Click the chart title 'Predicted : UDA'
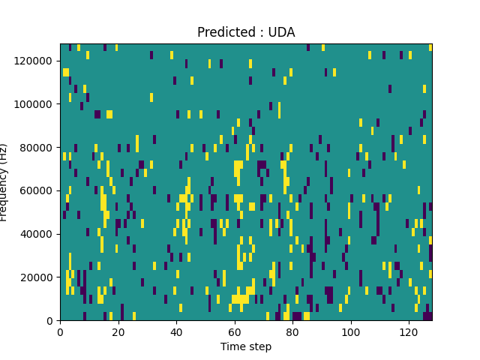pos(246,32)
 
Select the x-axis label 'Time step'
pos(246,346)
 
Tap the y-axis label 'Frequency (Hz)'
pos(5,182)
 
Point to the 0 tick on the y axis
pos(51,321)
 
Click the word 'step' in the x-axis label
pos(259,347)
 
